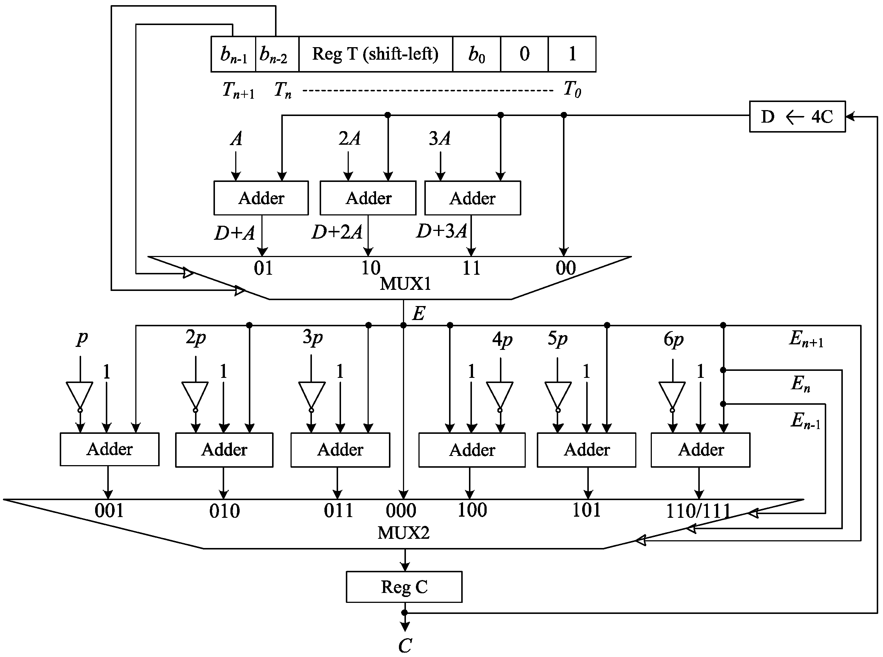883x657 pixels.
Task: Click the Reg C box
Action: [x=404, y=587]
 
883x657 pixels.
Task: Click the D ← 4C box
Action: [x=797, y=116]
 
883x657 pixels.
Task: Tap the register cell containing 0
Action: [x=524, y=54]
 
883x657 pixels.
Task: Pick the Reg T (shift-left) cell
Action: [x=375, y=54]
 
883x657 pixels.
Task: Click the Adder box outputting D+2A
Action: [x=368, y=198]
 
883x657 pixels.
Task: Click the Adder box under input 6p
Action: [x=700, y=450]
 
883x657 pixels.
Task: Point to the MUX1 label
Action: [x=405, y=284]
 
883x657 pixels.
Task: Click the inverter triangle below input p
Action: [x=80, y=395]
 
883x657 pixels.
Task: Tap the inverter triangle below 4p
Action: [x=500, y=395]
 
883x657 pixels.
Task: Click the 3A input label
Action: [x=439, y=138]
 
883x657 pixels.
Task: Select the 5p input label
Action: [x=557, y=339]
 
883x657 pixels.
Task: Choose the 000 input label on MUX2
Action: [x=401, y=510]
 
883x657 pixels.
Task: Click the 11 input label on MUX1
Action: [x=471, y=268]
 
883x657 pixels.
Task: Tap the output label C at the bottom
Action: [x=405, y=646]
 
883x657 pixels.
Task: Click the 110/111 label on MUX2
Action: [x=698, y=511]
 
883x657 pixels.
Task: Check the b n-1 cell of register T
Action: [x=233, y=54]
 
